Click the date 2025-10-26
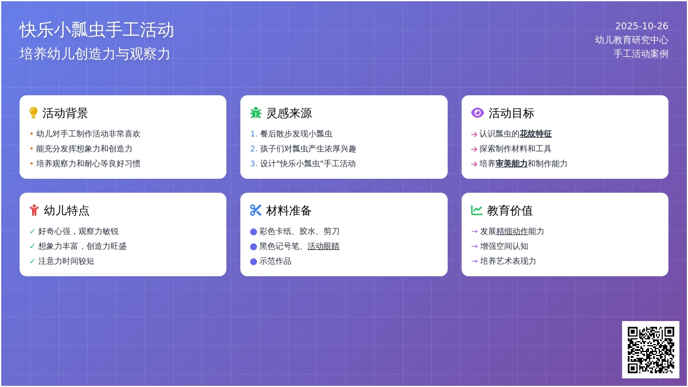642,26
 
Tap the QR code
650,349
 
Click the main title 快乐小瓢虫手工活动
96,30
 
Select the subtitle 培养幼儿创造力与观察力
95,54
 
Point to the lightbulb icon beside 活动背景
33,113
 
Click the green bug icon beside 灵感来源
256,113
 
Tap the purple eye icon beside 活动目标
477,113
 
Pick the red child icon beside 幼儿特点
34,210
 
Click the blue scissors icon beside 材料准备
256,210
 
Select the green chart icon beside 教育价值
476,210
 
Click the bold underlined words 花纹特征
535,134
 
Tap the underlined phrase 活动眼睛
323,246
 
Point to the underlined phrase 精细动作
512,231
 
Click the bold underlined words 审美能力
511,163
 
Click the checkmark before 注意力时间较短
33,261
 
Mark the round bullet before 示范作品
253,261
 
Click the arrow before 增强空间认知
474,246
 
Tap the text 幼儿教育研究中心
631,40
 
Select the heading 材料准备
289,210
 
